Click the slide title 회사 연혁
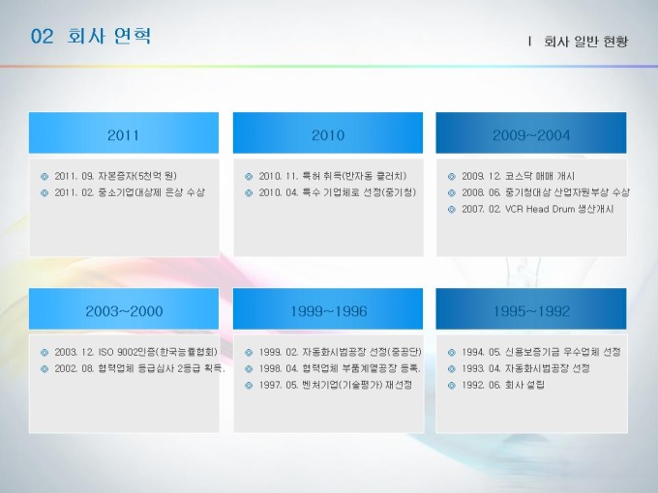(108, 36)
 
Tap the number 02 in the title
(42, 37)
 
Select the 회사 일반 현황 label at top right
(585, 41)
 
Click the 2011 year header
(123, 135)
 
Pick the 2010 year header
(328, 135)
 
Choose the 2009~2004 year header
(531, 135)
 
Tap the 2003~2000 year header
(124, 311)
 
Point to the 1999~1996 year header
(329, 311)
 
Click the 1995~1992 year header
(531, 311)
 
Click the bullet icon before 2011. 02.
(45, 192)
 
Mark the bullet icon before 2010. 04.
(249, 192)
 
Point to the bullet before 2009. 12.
(452, 177)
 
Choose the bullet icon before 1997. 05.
(249, 386)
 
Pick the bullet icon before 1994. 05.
(452, 353)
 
